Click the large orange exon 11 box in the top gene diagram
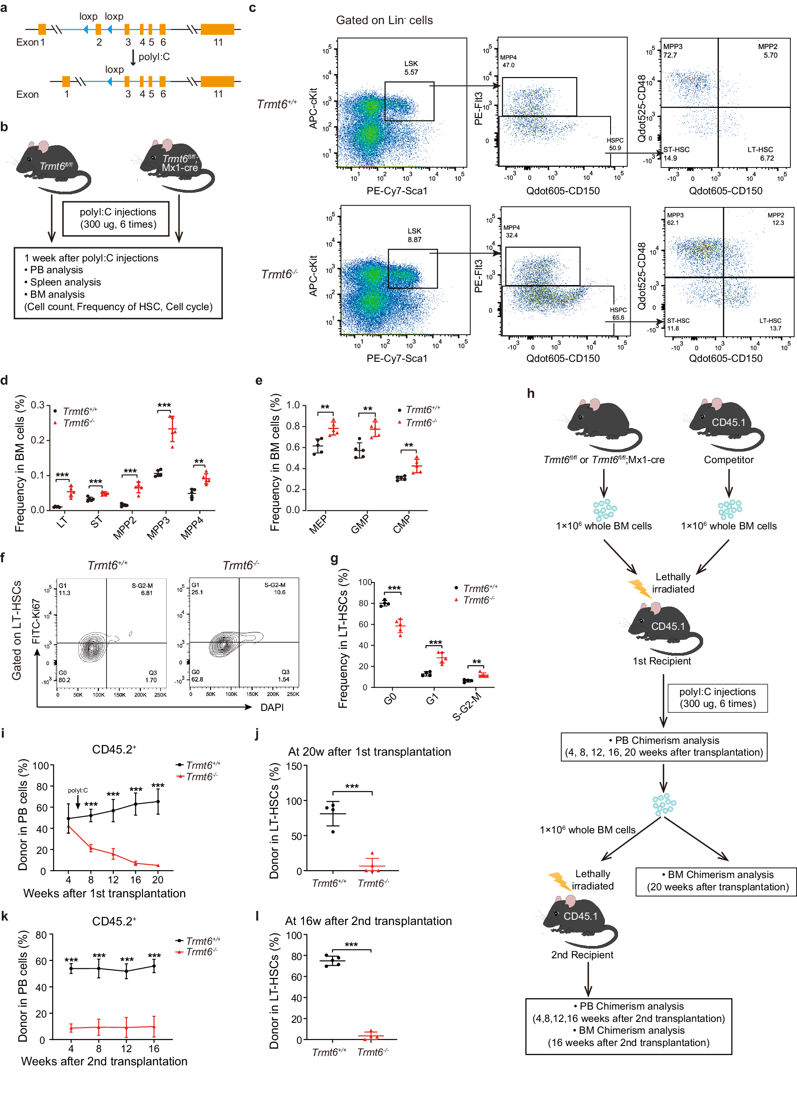coord(217,29)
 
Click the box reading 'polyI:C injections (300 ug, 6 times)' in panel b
coord(116,218)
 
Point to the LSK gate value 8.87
coord(414,239)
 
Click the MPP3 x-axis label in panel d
coord(158,528)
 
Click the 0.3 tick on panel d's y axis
coord(38,405)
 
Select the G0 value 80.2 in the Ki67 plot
coord(64,680)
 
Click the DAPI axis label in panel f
coord(272,707)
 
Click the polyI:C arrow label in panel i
coord(78,790)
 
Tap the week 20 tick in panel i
coord(157,879)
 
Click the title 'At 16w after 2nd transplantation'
coord(368,921)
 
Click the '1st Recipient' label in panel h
coord(661,661)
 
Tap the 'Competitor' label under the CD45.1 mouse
coord(728,460)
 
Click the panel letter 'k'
coord(4,916)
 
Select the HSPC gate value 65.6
coord(618,318)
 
